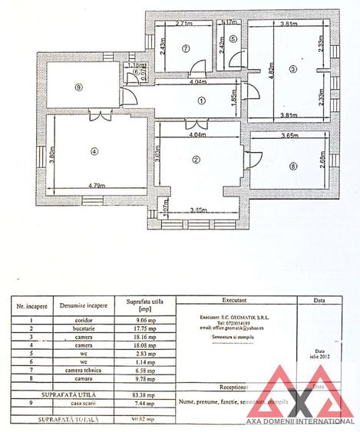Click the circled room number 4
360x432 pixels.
click(x=94, y=151)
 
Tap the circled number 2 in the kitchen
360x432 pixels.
click(x=197, y=160)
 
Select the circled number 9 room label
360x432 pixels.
click(x=78, y=87)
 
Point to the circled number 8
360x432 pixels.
click(x=292, y=166)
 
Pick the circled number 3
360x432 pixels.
click(x=292, y=69)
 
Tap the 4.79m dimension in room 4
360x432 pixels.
click(x=96, y=186)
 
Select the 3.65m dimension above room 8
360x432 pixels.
click(x=289, y=136)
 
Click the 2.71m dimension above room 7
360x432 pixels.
click(x=183, y=24)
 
